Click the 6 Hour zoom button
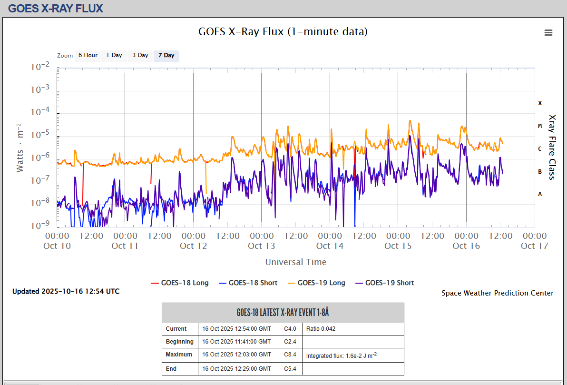point(88,55)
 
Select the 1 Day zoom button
point(114,55)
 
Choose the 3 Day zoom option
point(140,55)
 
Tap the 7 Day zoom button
point(166,55)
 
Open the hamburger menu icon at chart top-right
point(548,32)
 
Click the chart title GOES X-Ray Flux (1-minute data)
point(283,32)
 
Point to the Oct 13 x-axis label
point(262,246)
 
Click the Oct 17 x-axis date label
point(535,246)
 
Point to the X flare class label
point(540,103)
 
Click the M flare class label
point(540,126)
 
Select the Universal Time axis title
point(296,262)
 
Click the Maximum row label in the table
point(179,355)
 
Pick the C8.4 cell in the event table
point(290,355)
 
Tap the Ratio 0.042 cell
point(321,329)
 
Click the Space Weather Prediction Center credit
point(498,293)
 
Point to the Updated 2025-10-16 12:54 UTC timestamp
point(66,291)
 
